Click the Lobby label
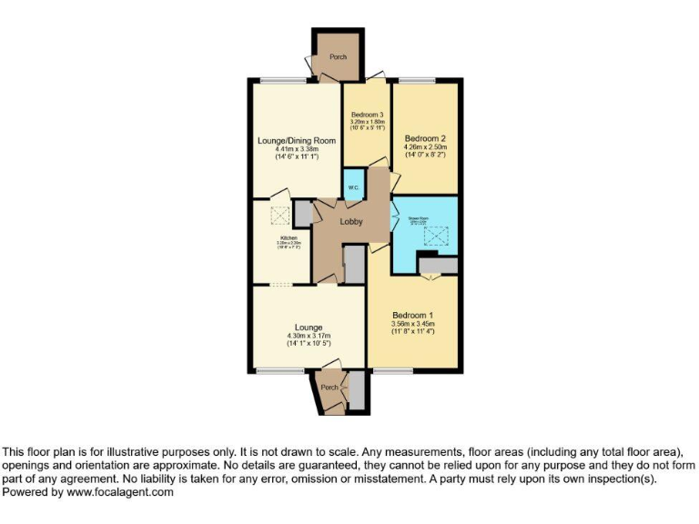coord(351,222)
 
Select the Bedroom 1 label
coord(412,315)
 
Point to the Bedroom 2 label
coord(424,138)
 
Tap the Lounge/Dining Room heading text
coord(296,141)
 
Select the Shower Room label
coord(418,218)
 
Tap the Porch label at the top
coord(339,56)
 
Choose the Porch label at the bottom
coord(329,388)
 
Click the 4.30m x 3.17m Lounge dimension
coord(309,336)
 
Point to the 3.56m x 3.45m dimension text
coord(412,324)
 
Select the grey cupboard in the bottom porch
coord(357,389)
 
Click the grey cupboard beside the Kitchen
coord(302,214)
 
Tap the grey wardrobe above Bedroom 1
coord(437,265)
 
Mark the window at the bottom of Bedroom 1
coord(392,370)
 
